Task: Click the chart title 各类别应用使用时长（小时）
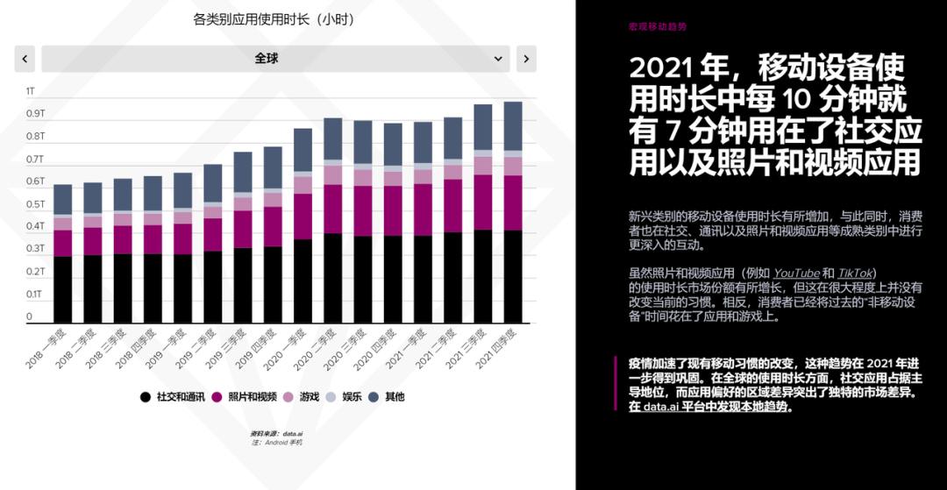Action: tap(274, 19)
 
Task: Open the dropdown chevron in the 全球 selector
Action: tap(499, 59)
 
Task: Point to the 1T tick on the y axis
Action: tap(31, 91)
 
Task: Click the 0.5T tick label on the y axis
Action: tap(35, 204)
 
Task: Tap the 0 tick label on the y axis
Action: tap(29, 317)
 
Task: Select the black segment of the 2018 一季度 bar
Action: tap(63, 289)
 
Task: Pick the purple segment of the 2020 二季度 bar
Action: tap(333, 209)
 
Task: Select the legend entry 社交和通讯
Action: tap(174, 397)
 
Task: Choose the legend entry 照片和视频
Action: tap(245, 397)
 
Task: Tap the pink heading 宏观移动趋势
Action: tap(658, 27)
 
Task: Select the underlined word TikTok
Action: tap(856, 273)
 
